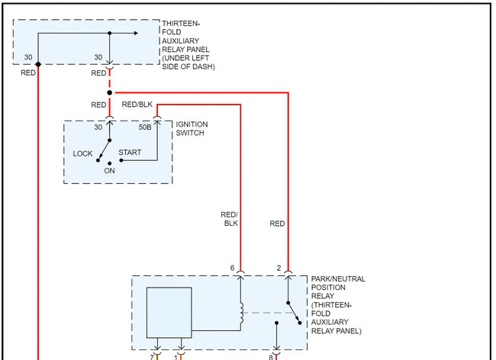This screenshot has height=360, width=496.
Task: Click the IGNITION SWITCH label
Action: [192, 128]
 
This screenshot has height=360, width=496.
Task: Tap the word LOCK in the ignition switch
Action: [82, 154]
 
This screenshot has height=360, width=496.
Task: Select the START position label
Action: [130, 153]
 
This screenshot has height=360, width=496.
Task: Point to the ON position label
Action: [110, 170]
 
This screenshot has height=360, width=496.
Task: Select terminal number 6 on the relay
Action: [232, 268]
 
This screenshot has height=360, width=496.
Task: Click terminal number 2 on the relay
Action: [279, 268]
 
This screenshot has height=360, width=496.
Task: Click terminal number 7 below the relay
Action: [152, 356]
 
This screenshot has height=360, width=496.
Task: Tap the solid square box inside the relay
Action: [169, 312]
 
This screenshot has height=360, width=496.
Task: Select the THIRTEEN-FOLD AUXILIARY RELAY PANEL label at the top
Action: [188, 46]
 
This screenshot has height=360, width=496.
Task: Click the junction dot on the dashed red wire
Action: [109, 92]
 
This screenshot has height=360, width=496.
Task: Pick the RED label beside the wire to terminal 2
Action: [277, 223]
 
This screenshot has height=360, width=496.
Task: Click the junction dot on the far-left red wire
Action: [37, 63]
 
